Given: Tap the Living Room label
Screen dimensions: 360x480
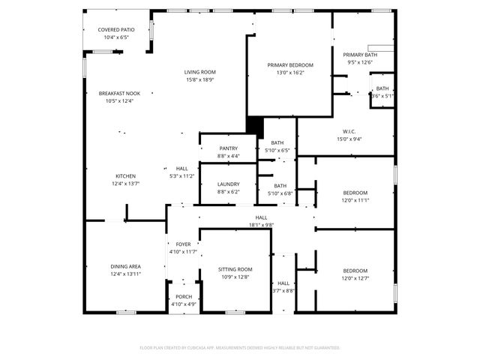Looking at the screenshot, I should [200, 72].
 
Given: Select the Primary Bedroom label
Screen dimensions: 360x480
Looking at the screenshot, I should [290, 65].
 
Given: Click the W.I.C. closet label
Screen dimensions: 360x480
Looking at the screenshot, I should [349, 131].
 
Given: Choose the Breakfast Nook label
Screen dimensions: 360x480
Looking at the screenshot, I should [119, 94].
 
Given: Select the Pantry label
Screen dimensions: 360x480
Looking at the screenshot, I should [228, 148].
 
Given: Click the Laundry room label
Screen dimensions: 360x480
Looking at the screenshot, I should [228, 184].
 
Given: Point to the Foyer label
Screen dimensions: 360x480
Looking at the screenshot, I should [183, 244].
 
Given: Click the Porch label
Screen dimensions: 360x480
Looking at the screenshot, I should [183, 297].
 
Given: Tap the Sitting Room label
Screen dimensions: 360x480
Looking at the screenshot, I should [235, 269].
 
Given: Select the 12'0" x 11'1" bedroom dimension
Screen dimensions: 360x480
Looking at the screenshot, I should [355, 200].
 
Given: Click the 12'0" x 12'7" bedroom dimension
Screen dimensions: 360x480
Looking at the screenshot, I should [355, 278].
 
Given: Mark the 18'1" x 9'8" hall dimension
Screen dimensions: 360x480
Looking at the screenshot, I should [261, 224].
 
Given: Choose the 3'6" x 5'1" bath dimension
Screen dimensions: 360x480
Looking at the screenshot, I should [382, 96].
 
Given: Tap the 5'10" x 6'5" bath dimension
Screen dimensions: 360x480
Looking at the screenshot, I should [277, 150].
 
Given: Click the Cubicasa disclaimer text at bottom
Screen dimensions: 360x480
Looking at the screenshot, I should [240, 348].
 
